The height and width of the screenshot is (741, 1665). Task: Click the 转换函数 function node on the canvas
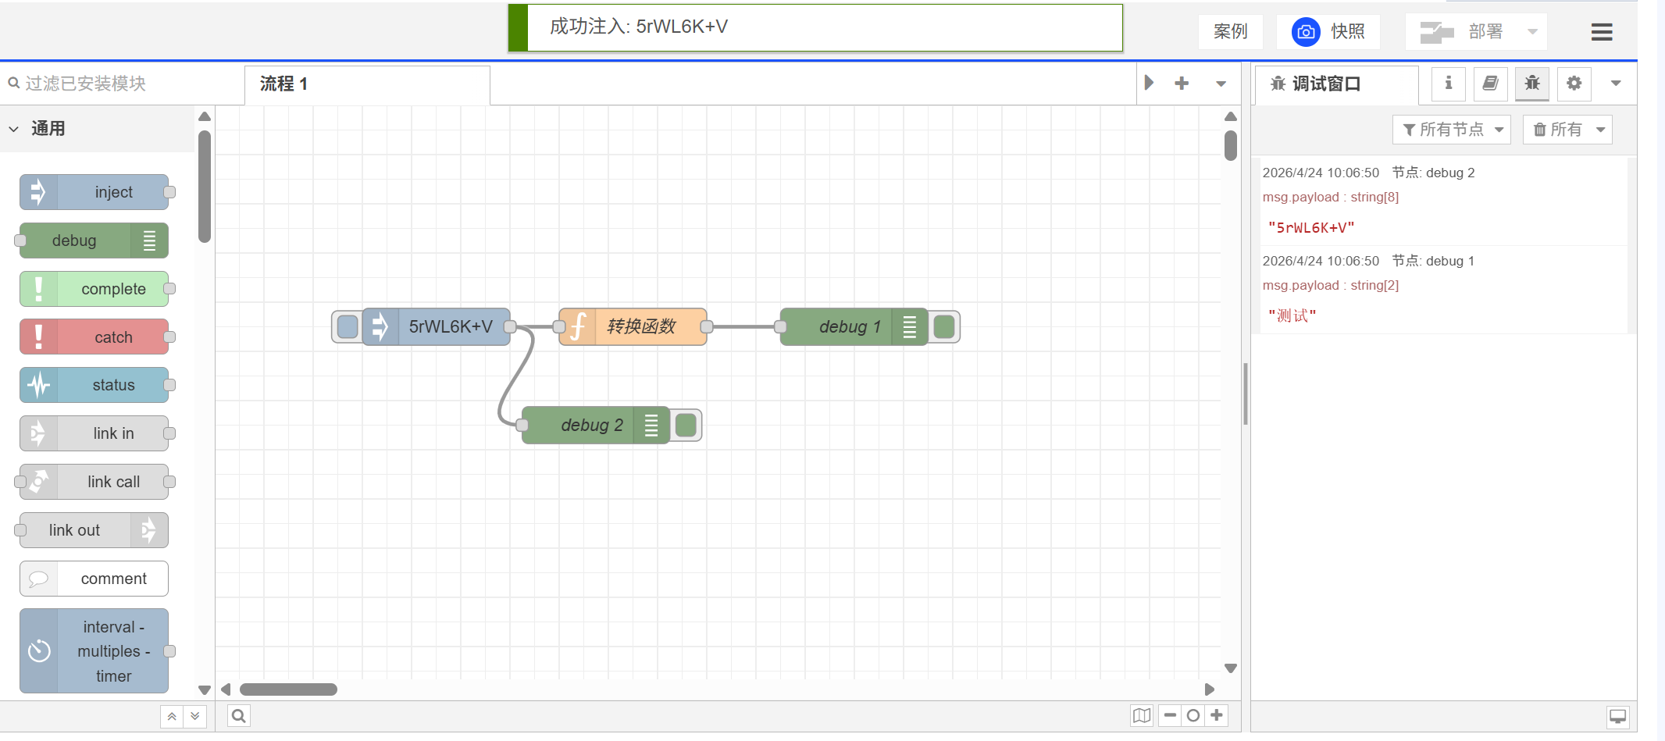tap(633, 326)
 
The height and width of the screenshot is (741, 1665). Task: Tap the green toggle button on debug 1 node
tap(944, 326)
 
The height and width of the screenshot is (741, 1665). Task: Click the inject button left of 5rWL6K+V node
tap(348, 326)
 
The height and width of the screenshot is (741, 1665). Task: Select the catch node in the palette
tap(94, 337)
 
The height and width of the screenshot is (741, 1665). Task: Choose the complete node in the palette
tap(94, 289)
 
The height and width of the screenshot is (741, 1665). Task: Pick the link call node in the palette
tap(94, 482)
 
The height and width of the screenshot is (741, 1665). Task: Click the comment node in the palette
tap(94, 579)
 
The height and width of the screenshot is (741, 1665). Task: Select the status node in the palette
tap(94, 385)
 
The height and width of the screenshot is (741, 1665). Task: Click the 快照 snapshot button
tap(1328, 32)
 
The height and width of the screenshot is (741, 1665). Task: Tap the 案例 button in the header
tap(1231, 32)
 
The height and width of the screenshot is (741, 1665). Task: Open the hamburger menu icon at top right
tap(1602, 32)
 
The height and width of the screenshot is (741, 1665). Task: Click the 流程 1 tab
tap(367, 84)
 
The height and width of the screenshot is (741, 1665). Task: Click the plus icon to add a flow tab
tap(1182, 83)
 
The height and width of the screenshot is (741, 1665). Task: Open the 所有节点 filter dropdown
tap(1452, 130)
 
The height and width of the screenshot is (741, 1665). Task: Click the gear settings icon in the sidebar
tap(1574, 83)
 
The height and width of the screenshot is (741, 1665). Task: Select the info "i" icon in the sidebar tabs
tap(1448, 83)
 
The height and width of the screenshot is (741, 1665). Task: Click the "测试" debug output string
tap(1292, 315)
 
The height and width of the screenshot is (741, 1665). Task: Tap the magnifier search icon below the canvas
tap(239, 716)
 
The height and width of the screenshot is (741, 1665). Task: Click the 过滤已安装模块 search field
tap(125, 84)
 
